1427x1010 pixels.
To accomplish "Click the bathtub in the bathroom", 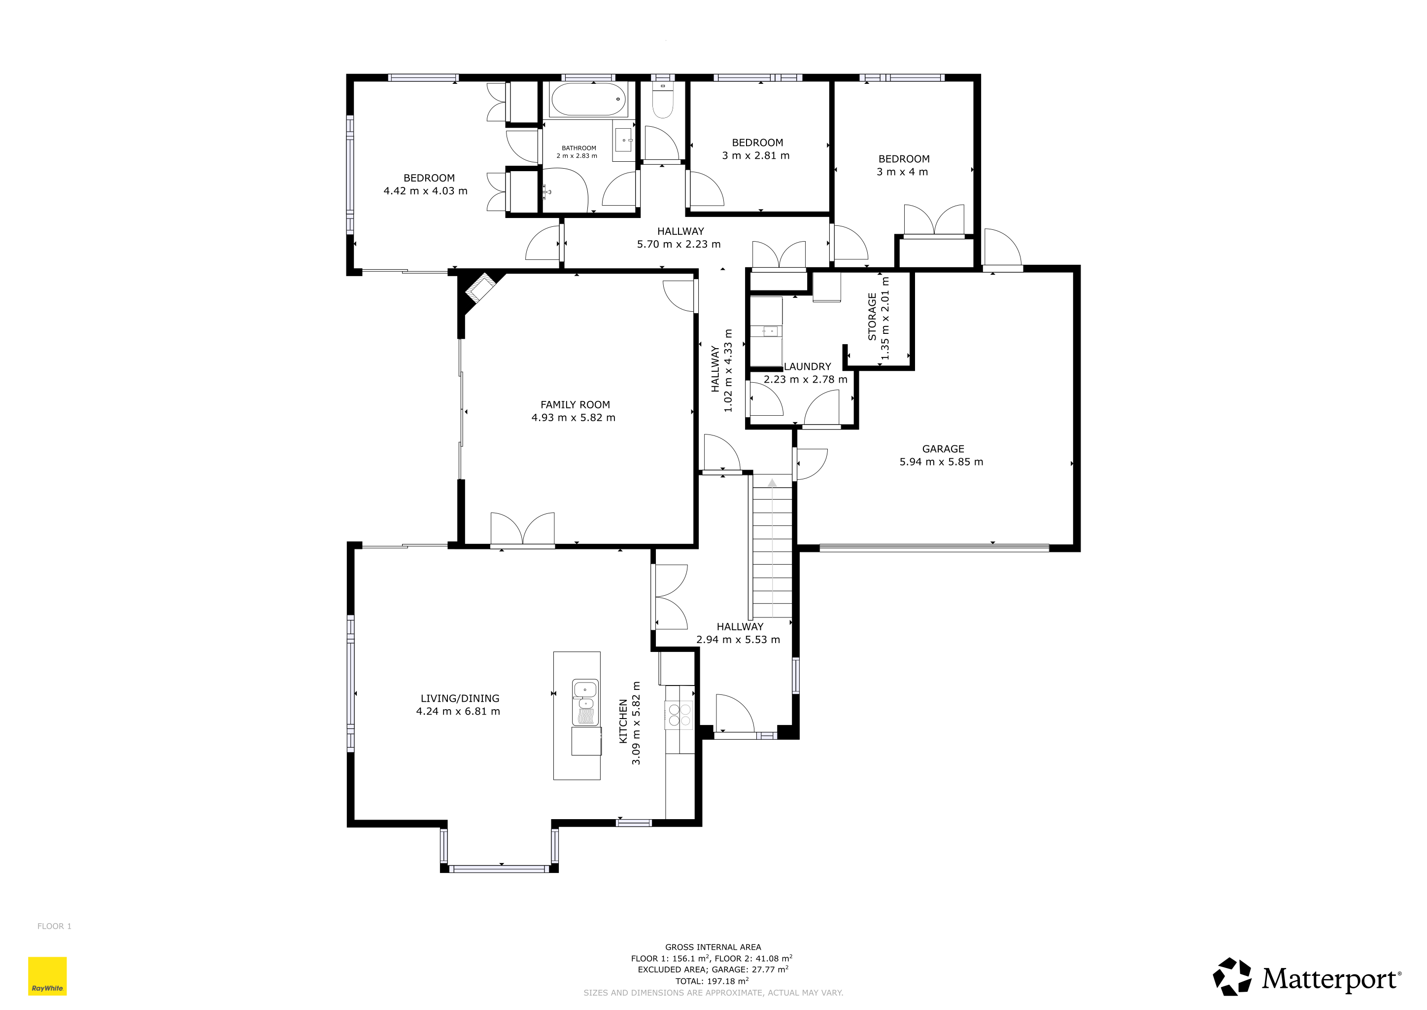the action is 588,100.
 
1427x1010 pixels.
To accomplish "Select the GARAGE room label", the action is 943,449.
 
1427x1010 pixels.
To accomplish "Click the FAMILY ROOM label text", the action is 575,405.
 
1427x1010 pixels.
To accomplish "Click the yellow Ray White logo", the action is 47,976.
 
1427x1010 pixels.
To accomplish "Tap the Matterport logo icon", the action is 1232,977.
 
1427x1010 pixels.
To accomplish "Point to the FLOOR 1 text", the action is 54,926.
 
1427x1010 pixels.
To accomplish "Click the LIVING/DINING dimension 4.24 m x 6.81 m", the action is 458,712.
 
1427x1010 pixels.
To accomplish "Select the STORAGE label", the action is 872,317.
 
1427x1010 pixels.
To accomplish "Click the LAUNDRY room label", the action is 807,367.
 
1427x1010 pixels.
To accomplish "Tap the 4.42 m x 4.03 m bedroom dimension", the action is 426,191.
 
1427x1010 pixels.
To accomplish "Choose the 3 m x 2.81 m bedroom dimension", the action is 756,155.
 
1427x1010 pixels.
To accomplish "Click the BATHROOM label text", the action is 578,148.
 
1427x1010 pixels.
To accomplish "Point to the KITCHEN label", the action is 623,721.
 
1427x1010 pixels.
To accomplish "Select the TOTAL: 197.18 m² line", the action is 712,981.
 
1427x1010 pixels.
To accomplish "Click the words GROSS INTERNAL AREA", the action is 713,947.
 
